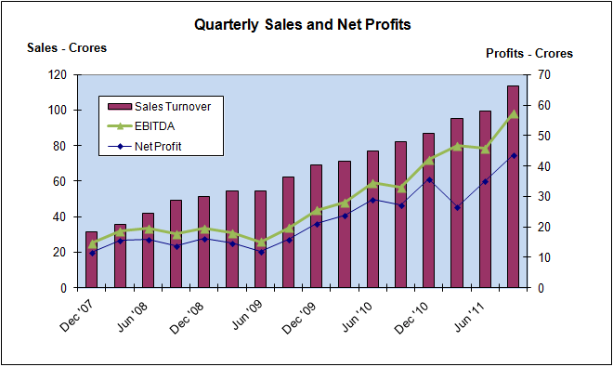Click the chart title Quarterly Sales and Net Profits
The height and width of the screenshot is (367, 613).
pos(302,25)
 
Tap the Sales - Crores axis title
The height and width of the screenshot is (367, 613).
pos(67,48)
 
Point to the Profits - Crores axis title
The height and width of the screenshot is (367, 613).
pos(529,53)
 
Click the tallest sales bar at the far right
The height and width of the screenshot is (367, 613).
pos(513,186)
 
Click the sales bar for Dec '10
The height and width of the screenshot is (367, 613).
pos(428,210)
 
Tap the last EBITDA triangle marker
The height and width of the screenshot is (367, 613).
pos(513,114)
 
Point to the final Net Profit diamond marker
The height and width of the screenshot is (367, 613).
pos(513,155)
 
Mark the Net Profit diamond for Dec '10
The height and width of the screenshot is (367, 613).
pos(428,179)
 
